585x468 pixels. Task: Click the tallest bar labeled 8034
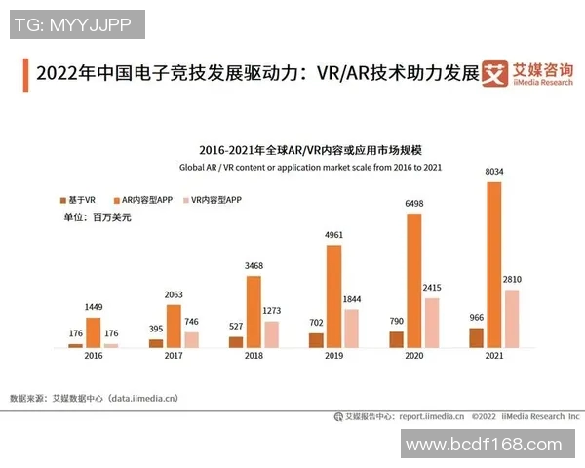click(494, 263)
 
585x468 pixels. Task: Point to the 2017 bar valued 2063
click(174, 326)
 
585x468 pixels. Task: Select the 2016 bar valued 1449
click(94, 332)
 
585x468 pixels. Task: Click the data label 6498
click(414, 204)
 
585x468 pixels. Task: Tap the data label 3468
click(254, 266)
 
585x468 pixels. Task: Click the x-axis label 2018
click(254, 358)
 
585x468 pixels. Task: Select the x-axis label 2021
click(494, 358)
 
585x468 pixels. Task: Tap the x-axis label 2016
click(94, 358)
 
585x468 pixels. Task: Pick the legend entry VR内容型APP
click(216, 199)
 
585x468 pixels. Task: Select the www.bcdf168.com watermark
click(484, 446)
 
